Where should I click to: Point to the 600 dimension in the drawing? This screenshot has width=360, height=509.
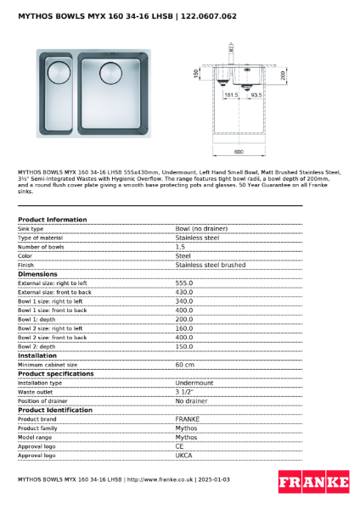[239, 152]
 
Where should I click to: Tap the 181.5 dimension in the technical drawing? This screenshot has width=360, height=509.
[231, 96]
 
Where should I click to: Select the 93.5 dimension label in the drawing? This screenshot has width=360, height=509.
[256, 96]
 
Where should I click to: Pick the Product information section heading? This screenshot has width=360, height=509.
[52, 220]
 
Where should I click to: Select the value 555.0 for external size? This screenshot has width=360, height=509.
[184, 283]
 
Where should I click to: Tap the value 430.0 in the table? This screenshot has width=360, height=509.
[184, 292]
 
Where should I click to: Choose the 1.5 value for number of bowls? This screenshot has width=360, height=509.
[180, 247]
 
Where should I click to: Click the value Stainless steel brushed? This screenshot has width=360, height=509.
[210, 265]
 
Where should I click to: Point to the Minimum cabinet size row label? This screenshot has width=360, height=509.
[48, 365]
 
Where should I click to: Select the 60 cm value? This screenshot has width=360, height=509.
[184, 365]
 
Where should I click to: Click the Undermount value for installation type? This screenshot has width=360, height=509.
[194, 383]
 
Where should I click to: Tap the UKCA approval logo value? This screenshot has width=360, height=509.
[183, 456]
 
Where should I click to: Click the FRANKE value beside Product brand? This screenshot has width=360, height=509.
[187, 419]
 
